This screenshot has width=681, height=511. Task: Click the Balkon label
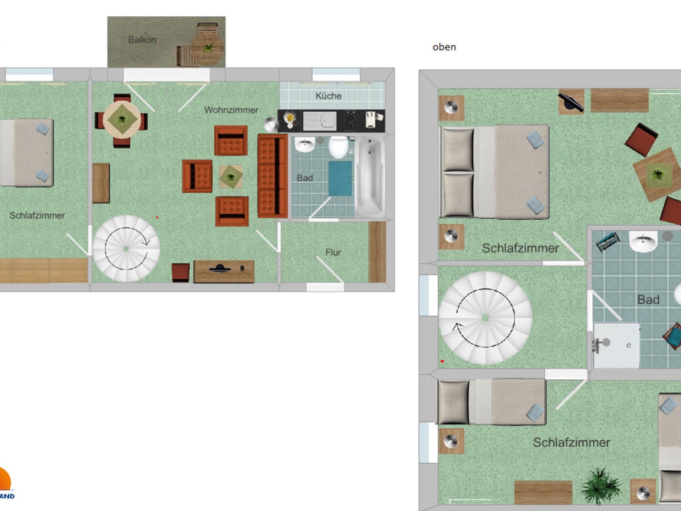pos(142,40)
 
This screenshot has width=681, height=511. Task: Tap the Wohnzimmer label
pos(231,110)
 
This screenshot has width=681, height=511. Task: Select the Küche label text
pos(329,96)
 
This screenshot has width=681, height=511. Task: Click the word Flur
pos(333,253)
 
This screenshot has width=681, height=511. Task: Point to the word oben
pos(444,47)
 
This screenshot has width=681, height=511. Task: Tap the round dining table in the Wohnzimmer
pos(122,120)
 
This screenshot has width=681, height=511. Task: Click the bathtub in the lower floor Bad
pos(370,177)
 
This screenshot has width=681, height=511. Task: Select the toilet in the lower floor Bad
pos(339,147)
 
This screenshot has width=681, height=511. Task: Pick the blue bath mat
pos(340,179)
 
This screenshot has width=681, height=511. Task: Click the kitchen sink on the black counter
pos(320,121)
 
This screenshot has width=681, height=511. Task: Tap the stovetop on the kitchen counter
pos(350,120)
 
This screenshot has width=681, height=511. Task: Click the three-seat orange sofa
pos(272,176)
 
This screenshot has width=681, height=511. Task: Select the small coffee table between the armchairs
pos(231,176)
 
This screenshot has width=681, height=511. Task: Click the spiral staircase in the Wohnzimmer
pos(126,249)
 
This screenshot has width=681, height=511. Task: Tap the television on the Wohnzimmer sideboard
pos(220,268)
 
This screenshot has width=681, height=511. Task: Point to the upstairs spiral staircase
pos(485,318)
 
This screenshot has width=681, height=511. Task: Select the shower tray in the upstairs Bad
pos(616,346)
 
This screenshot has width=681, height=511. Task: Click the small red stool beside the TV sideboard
pos(181,273)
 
